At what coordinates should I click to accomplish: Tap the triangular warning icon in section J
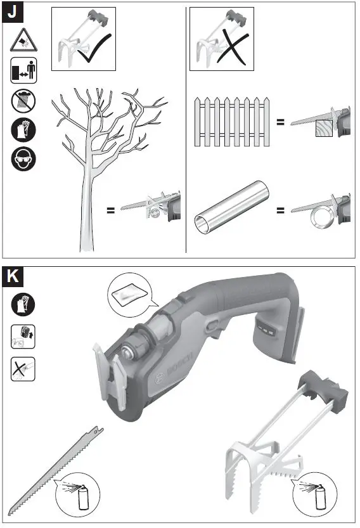(23, 41)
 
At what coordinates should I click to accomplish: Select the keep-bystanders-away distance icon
(23, 70)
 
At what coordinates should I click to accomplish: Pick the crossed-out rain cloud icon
(23, 100)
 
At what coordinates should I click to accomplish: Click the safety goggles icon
(23, 159)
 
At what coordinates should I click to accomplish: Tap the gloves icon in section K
(23, 305)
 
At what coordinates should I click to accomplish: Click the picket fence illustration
(232, 121)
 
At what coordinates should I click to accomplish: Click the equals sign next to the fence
(280, 120)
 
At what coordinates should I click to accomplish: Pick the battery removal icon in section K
(23, 335)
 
